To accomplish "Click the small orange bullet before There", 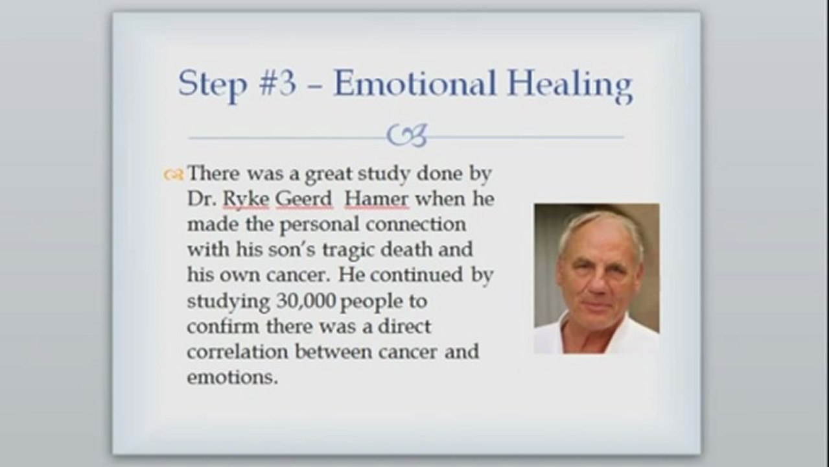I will [172, 174].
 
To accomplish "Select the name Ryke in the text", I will [246, 199].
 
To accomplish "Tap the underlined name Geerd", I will [304, 199].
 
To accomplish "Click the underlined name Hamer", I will [376, 199].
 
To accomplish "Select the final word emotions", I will [231, 377].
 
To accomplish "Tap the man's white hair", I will [600, 224].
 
